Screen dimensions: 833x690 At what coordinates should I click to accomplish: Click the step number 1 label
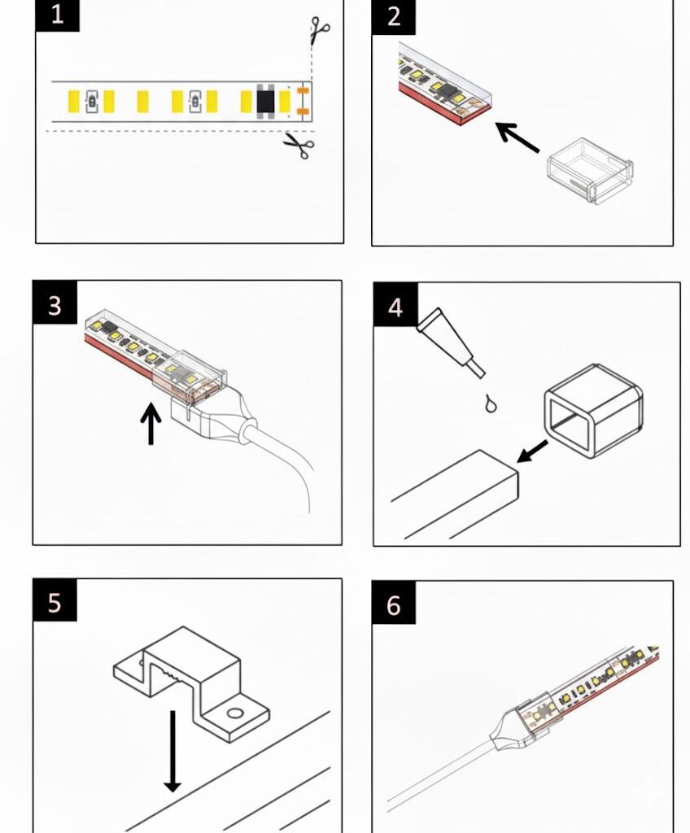57,15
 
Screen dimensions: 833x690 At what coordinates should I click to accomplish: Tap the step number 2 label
394,16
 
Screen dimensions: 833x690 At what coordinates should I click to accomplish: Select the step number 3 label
55,305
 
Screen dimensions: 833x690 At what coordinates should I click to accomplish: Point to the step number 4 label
395,307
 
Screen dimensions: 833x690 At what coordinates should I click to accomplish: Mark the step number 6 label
394,605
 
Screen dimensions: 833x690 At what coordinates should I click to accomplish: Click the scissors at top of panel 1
320,32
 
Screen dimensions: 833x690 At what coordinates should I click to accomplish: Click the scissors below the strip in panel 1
299,146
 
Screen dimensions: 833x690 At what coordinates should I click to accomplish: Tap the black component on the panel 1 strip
265,102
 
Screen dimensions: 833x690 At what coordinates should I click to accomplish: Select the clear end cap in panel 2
590,172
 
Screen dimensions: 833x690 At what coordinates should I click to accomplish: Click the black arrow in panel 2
517,137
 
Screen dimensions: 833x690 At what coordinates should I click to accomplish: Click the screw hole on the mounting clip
235,714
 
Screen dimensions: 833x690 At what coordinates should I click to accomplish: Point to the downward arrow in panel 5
172,748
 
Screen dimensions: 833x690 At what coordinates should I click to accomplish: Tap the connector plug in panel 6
522,716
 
